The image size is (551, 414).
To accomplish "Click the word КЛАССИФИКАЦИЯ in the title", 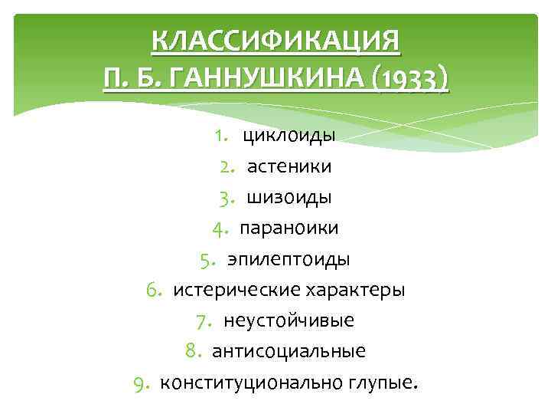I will (x=276, y=40).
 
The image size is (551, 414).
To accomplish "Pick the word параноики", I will (x=289, y=228).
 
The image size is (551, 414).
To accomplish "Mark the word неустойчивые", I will (x=289, y=320).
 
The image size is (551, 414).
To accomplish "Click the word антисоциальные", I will (x=289, y=351).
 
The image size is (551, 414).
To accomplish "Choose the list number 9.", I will (x=141, y=383).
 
